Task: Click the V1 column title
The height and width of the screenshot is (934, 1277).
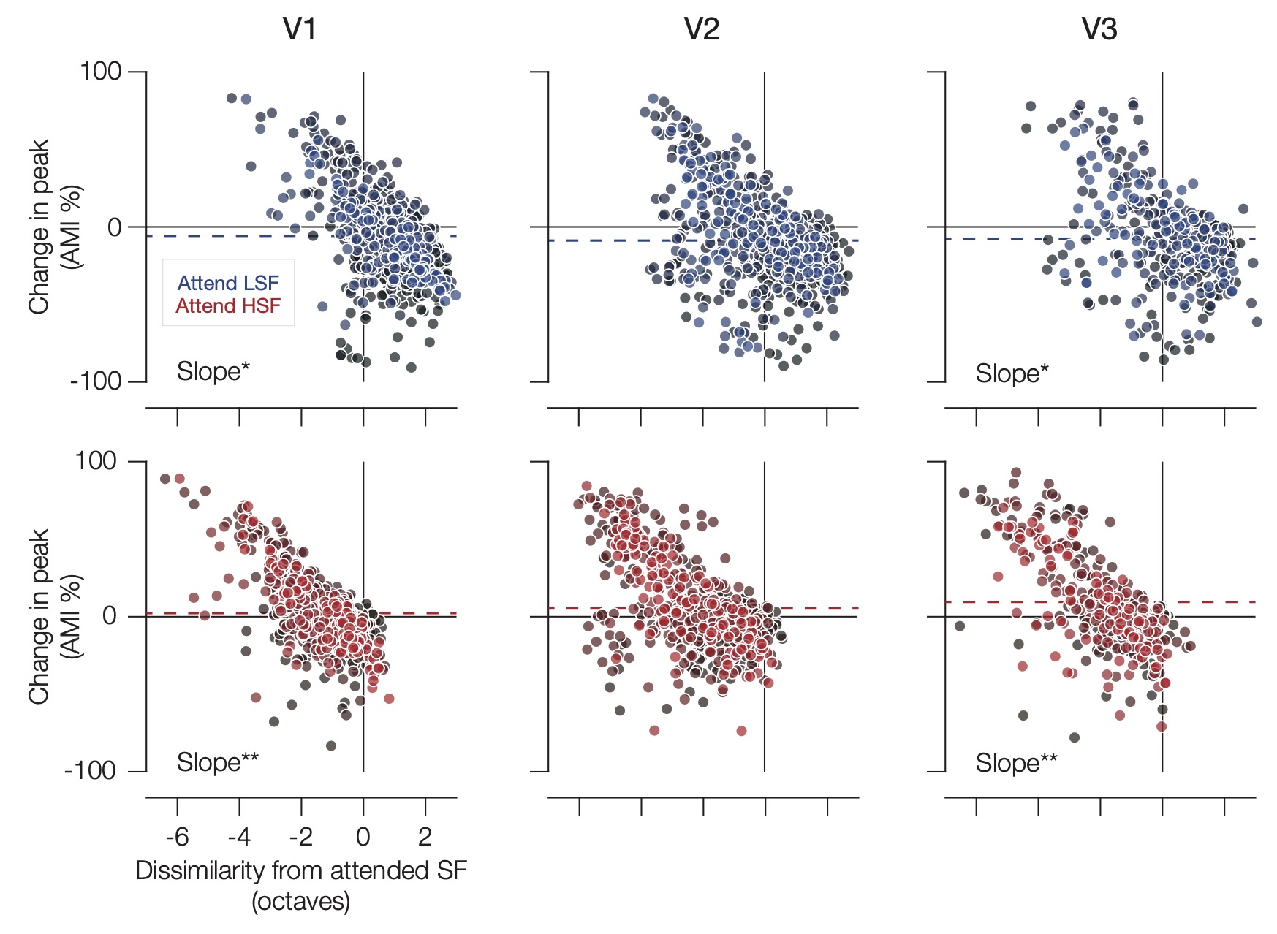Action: click(x=300, y=29)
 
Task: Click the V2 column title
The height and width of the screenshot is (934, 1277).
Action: click(x=701, y=29)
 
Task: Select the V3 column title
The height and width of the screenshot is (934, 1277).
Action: click(x=1099, y=29)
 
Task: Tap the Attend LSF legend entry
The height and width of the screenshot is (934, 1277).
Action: click(x=228, y=284)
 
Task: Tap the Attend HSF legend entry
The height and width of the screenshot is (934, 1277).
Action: click(x=228, y=306)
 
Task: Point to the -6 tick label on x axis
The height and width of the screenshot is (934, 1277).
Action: click(x=177, y=837)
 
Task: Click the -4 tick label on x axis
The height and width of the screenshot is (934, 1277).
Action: click(x=239, y=837)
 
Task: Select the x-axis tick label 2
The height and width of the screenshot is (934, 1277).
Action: click(x=425, y=837)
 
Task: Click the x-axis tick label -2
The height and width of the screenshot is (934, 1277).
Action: click(x=300, y=837)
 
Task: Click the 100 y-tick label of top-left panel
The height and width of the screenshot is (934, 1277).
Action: click(x=100, y=72)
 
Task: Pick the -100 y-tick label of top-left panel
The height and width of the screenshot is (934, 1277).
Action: click(x=96, y=381)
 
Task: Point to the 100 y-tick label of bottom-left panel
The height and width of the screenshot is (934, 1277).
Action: click(x=96, y=461)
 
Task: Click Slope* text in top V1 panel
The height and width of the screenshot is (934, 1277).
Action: click(x=213, y=372)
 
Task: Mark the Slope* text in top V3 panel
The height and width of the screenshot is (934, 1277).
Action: click(x=1012, y=374)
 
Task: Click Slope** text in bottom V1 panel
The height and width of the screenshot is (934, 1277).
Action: click(x=217, y=762)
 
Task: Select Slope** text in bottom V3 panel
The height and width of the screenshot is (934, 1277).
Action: click(x=1016, y=764)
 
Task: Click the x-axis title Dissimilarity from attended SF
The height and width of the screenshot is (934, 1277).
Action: click(x=300, y=871)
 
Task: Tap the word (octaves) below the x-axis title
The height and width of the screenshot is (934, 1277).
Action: click(x=300, y=902)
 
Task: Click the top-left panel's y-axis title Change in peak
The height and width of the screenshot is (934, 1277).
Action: click(x=38, y=227)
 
